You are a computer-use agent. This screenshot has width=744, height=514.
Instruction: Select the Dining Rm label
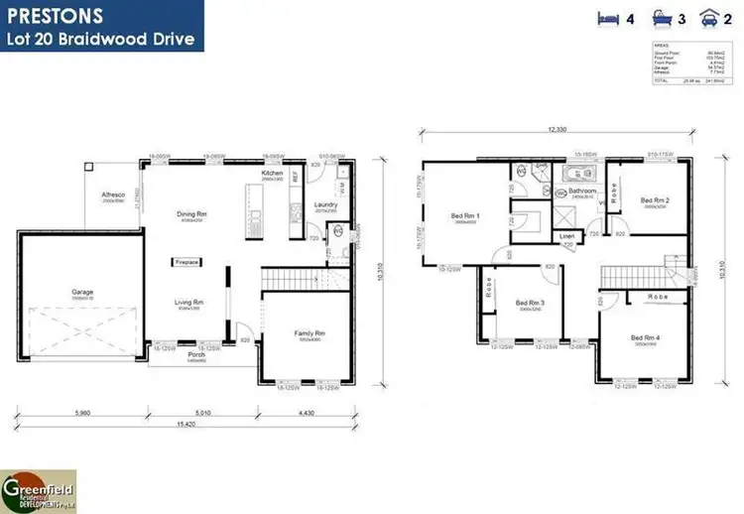[x=191, y=214]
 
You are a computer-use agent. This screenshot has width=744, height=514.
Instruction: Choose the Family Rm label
[x=309, y=333]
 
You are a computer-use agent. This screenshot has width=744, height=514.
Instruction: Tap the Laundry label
[x=326, y=205]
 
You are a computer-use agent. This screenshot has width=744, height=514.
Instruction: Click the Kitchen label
[x=273, y=174]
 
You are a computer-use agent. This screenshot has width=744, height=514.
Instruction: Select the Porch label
[x=196, y=353]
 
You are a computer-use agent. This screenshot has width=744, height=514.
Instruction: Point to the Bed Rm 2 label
[x=655, y=201]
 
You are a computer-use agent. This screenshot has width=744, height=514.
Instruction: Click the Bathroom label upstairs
[x=581, y=191]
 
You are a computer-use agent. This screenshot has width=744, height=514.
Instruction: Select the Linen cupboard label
[x=566, y=236]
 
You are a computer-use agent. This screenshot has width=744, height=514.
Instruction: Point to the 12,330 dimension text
[x=555, y=131]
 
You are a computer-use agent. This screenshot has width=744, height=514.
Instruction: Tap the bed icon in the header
[x=608, y=17]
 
